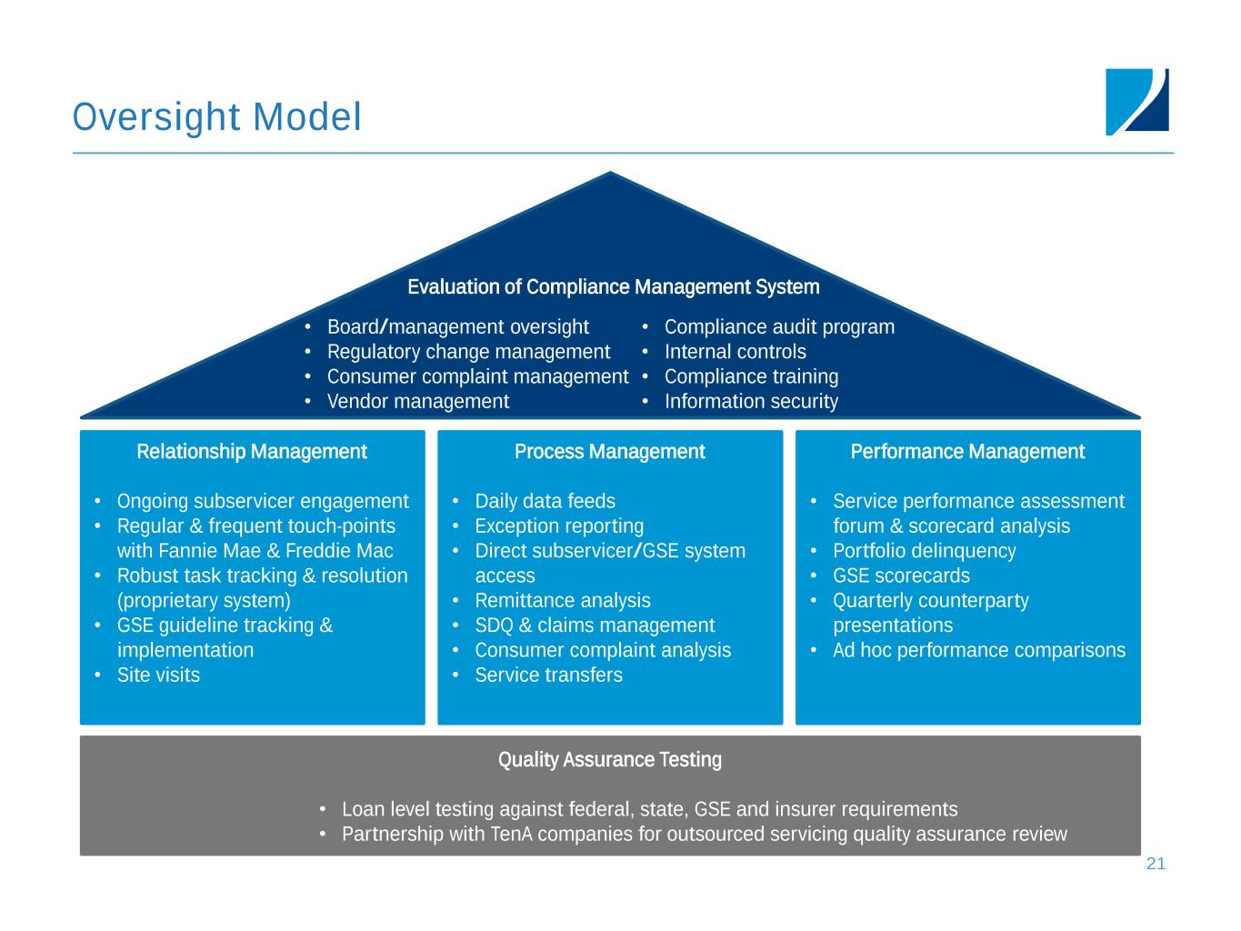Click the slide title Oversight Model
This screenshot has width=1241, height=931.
[216, 117]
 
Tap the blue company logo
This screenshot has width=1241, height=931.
[1136, 102]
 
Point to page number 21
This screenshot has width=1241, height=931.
[1156, 864]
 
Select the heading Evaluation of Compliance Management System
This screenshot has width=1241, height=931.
[613, 287]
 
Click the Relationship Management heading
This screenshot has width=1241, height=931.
[252, 452]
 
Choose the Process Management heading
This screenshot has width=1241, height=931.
[609, 452]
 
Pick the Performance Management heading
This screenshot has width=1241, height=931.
[967, 452]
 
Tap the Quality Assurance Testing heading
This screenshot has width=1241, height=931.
[609, 760]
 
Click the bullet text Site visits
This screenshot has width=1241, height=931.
[158, 675]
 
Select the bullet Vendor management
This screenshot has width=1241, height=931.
[417, 401]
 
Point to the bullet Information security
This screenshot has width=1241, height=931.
[751, 401]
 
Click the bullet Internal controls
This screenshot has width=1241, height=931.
[735, 352]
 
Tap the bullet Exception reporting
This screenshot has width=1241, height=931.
[559, 526]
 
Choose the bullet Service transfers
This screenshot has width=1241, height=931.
[548, 675]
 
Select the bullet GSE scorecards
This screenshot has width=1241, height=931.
[901, 576]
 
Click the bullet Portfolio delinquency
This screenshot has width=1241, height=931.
[924, 551]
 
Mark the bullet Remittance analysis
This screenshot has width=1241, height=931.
[563, 600]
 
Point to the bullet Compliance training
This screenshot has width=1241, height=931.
[751, 376]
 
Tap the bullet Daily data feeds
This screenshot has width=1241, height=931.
[545, 502]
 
